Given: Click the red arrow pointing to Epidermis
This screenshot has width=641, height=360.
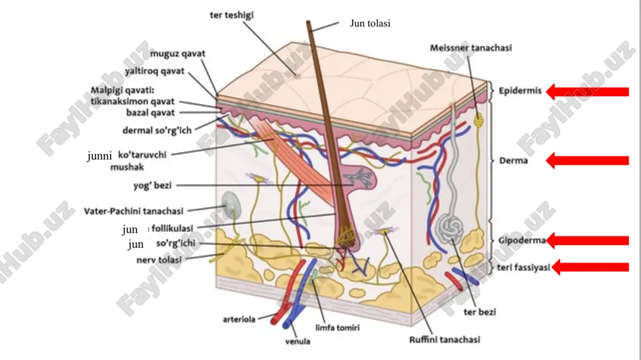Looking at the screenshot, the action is point(587,92).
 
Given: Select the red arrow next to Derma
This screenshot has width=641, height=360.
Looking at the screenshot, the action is point(587,161).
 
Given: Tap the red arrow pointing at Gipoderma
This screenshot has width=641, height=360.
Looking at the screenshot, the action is point(587,240).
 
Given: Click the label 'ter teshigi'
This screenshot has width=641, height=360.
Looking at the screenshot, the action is point(232,15).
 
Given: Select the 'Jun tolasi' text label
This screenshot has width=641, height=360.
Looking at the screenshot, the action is point(370,23).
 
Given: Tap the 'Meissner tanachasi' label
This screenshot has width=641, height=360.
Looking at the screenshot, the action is point(470,48).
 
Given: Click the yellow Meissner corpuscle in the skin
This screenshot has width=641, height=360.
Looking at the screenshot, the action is point(478,120).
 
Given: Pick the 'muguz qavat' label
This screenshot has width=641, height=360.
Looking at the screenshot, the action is point(178,54).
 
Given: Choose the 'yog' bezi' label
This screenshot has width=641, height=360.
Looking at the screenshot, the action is point(153,186).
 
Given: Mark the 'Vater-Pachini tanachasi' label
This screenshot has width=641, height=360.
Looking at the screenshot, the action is point(134,211).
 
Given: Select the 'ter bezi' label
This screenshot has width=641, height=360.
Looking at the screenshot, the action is point(479,312).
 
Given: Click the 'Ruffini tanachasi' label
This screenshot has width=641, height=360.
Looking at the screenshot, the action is point(444,340).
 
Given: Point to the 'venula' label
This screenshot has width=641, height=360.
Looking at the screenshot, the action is point(297,341).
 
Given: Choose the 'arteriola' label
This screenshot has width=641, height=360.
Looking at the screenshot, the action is point(239,319).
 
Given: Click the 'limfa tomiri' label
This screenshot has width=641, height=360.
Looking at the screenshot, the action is point(337,328).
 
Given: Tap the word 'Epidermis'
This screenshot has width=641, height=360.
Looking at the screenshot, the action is point(520,91).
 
